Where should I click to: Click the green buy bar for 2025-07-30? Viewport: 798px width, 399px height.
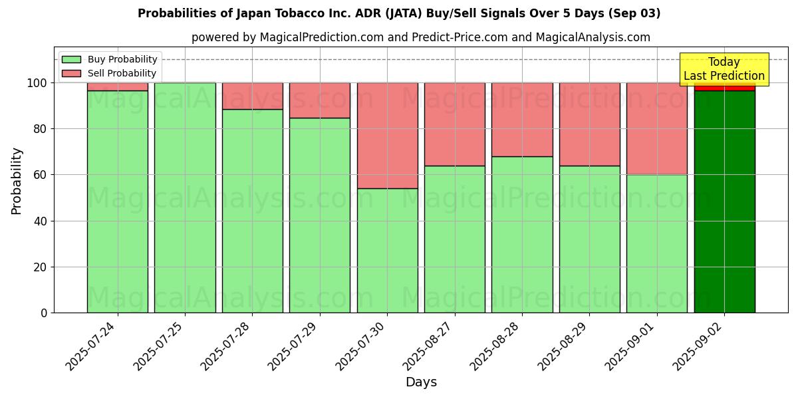point(387,251)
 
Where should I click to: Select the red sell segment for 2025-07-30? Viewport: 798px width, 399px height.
point(387,136)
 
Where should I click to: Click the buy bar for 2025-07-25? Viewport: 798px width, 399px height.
point(185,198)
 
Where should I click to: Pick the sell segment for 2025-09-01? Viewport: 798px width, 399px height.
point(656,128)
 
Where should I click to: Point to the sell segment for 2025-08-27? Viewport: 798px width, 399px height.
point(455,124)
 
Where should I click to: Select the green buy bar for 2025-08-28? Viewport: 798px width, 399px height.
point(522,235)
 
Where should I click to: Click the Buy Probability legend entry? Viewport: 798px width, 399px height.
point(109,59)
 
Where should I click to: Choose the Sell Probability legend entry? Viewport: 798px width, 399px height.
point(109,73)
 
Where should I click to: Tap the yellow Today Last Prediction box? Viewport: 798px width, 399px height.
point(724,69)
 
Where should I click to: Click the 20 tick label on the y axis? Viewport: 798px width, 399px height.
point(39,267)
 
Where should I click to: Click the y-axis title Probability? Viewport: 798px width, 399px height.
point(17,181)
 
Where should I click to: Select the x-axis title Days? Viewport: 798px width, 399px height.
point(421,382)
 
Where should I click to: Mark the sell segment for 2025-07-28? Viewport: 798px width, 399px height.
point(252,96)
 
